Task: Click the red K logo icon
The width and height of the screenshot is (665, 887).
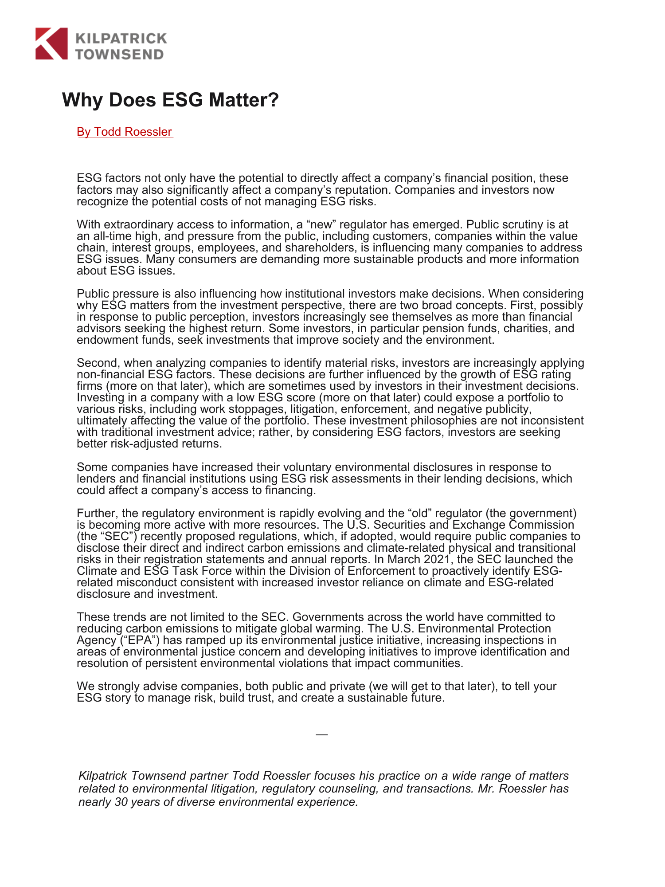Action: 51,43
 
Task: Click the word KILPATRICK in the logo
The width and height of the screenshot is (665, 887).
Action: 121,38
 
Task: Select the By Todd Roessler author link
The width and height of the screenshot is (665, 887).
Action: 125,132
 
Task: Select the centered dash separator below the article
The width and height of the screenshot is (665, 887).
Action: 321,735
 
